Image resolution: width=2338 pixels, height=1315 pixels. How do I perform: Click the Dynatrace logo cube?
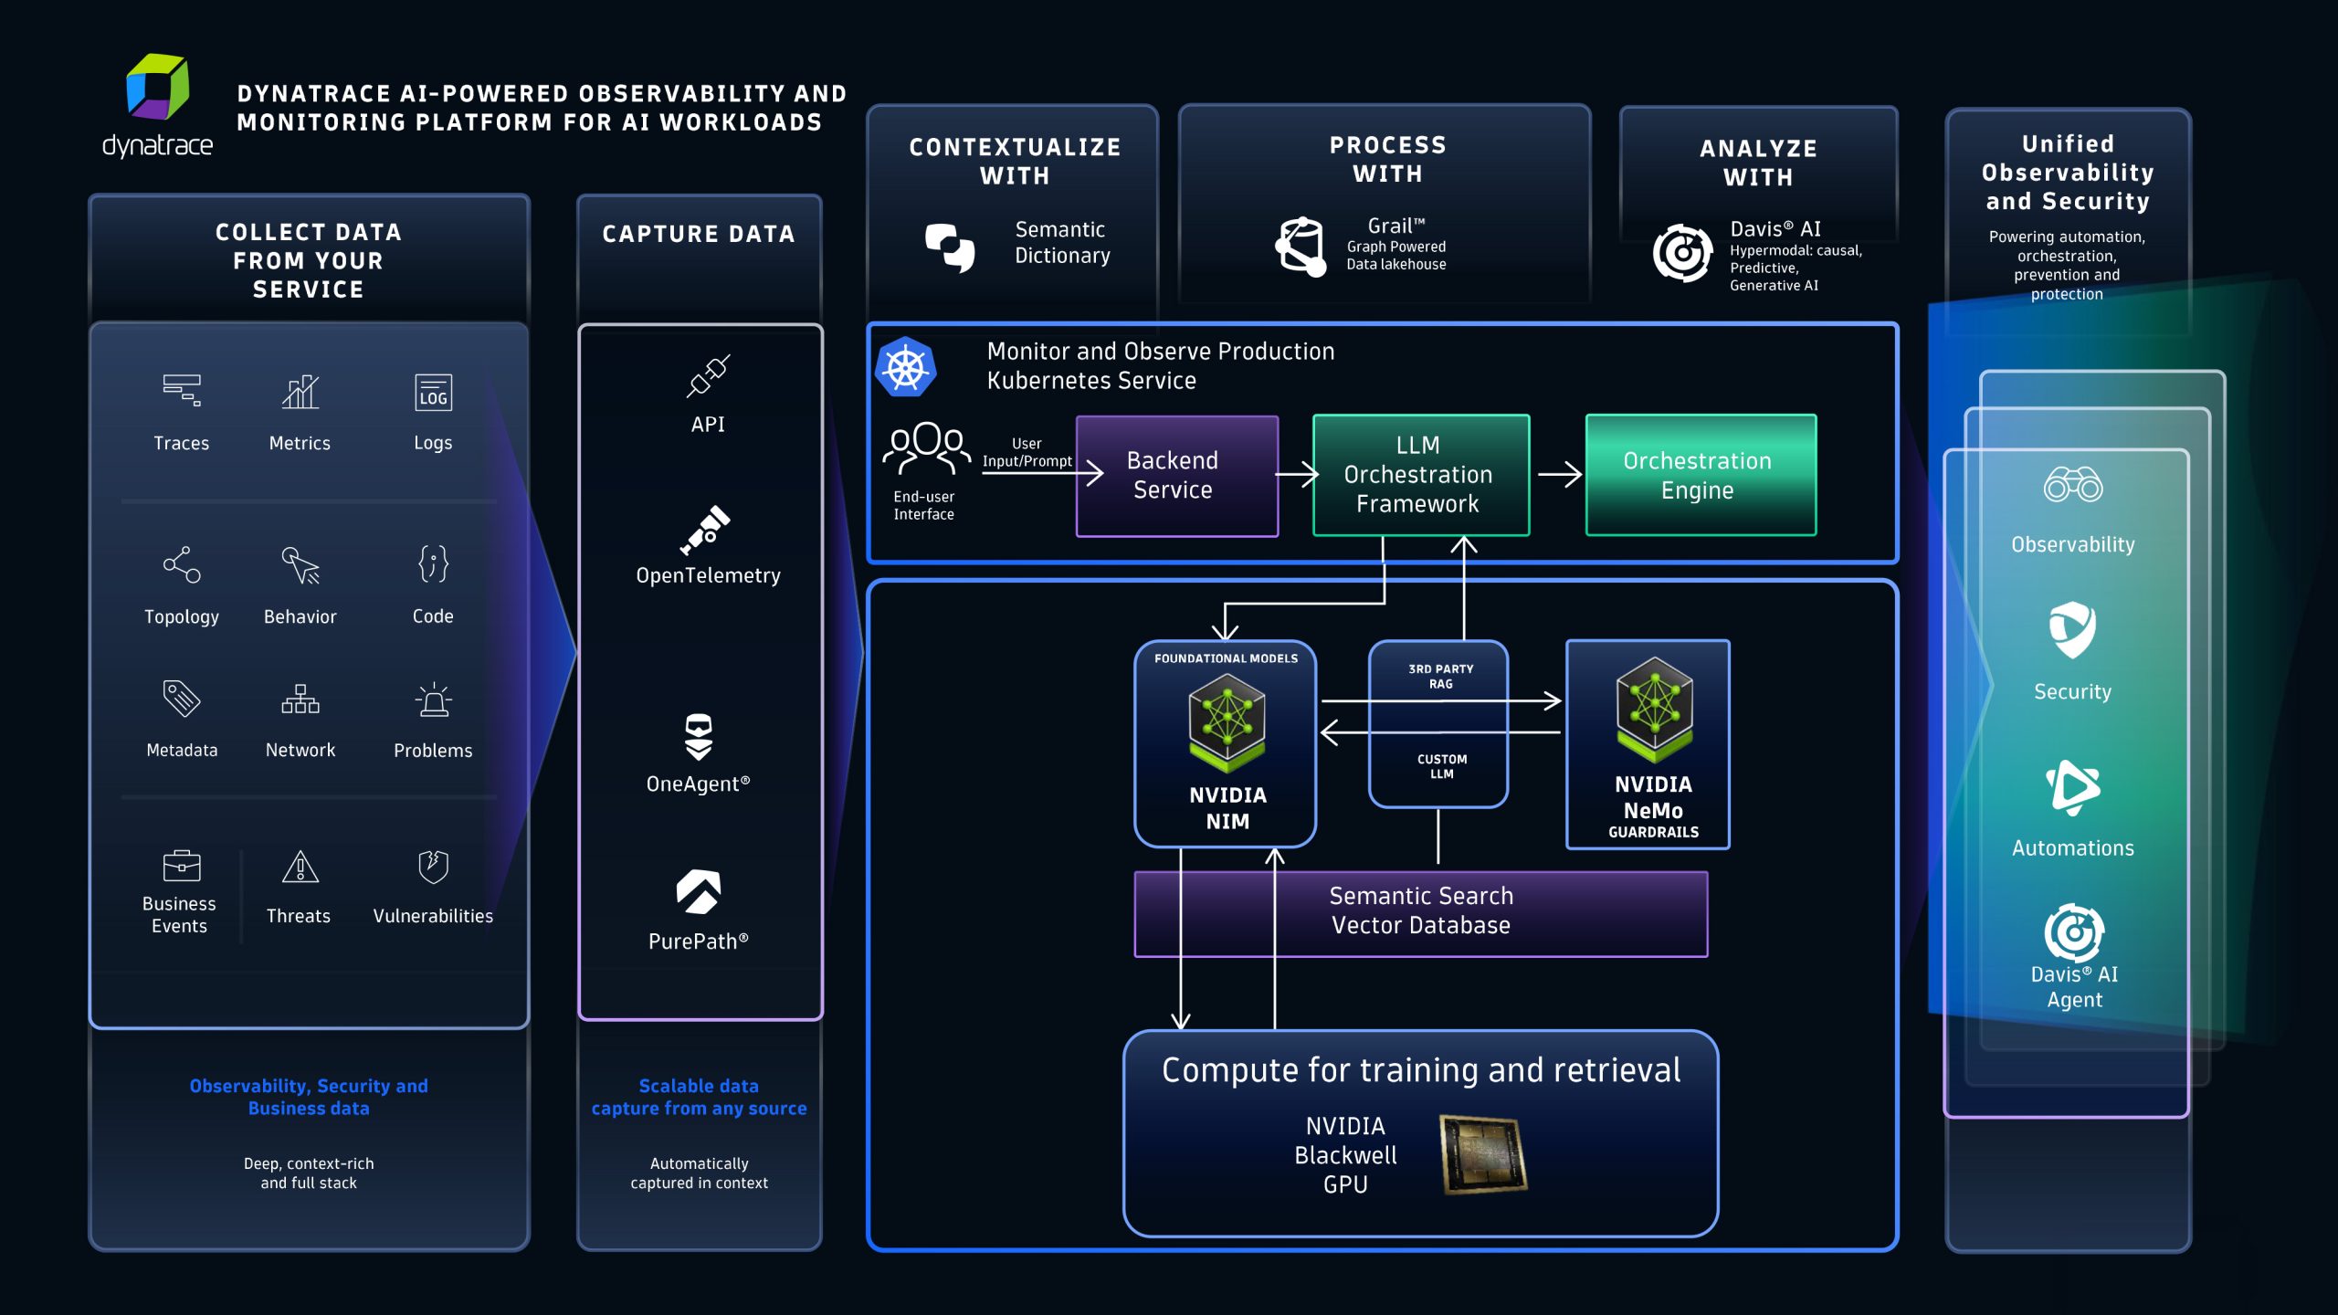(x=157, y=88)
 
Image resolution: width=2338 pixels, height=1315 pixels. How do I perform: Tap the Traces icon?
(x=181, y=390)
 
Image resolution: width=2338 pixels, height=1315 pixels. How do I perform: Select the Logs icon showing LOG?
(x=433, y=393)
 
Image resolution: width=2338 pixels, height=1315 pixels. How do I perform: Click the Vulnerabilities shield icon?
(x=433, y=866)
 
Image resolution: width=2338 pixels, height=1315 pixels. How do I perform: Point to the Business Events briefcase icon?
(x=181, y=866)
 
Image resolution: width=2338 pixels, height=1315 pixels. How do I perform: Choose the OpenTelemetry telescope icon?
(x=706, y=531)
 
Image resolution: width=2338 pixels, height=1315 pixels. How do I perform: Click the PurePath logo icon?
(x=699, y=891)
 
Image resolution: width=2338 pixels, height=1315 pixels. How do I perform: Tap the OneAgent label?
(x=698, y=784)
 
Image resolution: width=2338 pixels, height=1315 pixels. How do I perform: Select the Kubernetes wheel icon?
(x=906, y=368)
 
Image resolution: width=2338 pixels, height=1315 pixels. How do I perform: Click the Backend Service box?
(x=1176, y=476)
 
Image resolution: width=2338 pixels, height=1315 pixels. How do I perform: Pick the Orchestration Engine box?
(x=1700, y=475)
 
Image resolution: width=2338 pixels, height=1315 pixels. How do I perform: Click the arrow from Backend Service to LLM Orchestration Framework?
(x=1296, y=474)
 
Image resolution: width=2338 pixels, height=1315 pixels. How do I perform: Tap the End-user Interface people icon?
(x=925, y=448)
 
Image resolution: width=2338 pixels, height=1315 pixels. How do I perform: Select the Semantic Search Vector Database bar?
(x=1420, y=913)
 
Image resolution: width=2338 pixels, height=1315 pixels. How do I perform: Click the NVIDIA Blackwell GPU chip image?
(x=1483, y=1154)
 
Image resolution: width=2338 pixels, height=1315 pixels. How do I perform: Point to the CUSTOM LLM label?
(x=1441, y=766)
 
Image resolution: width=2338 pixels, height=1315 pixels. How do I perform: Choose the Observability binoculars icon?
(x=2072, y=485)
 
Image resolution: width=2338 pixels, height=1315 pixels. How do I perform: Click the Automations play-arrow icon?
(x=2072, y=787)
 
